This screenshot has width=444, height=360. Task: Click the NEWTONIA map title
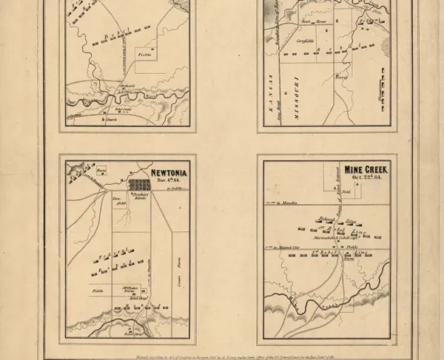click(x=170, y=174)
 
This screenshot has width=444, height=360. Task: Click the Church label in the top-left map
click(x=111, y=119)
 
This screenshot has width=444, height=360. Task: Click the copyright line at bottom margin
click(x=222, y=353)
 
